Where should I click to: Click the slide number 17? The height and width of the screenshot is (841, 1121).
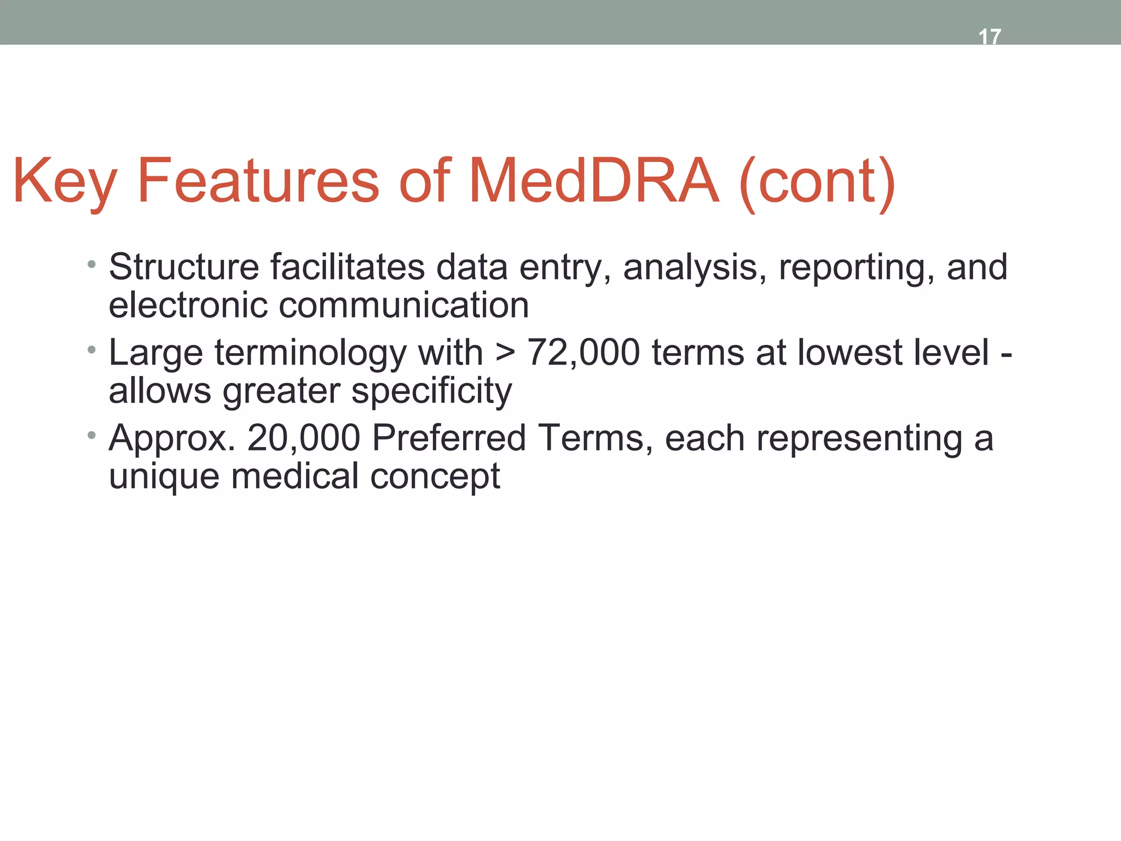pos(989,37)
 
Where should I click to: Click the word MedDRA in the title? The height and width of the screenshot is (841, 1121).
pos(593,181)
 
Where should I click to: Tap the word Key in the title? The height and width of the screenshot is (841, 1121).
pos(65,181)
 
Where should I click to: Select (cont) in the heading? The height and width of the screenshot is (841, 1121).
pos(817,181)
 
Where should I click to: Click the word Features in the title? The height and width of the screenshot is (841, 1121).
pos(258,181)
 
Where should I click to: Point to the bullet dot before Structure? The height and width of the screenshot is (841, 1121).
pos(91,266)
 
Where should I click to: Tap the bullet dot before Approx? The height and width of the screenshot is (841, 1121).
pos(91,436)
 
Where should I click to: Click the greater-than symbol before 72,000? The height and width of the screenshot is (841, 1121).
pos(505,353)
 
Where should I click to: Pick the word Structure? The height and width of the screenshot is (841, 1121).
pos(184,267)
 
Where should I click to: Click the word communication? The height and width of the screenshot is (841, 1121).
pos(404,305)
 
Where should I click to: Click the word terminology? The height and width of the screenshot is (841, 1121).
pos(310,353)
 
